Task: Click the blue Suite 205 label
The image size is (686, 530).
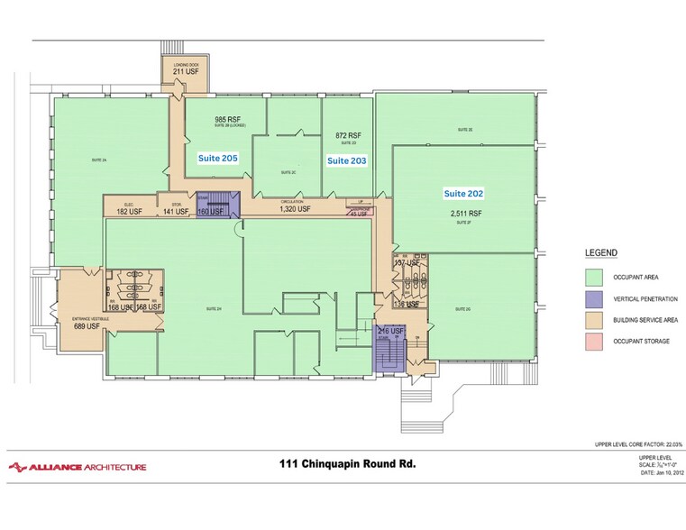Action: tap(217, 157)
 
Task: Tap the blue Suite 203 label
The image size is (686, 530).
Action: tap(347, 160)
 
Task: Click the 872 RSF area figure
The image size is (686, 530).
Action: tap(347, 132)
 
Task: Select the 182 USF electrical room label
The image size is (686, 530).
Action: tap(129, 212)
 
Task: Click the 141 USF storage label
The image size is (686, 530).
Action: tap(176, 212)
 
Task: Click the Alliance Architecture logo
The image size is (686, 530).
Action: tap(77, 466)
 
